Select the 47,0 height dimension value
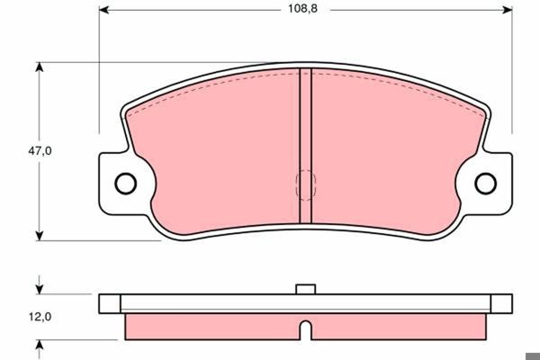[39, 151]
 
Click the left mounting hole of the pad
[125, 183]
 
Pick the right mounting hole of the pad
[485, 183]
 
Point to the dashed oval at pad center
[305, 184]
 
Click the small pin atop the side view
[305, 289]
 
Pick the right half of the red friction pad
[396, 157]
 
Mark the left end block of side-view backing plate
[110, 302]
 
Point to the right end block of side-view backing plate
[500, 302]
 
